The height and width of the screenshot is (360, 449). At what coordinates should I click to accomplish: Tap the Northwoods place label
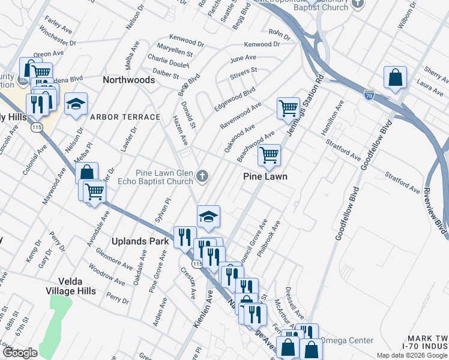point(128,79)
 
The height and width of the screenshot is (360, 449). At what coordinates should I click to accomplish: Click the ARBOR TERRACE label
point(125,117)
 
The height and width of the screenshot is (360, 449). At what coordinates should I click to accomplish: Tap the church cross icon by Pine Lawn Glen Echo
point(203,176)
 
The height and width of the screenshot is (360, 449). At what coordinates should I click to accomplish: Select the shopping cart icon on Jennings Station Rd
point(288,109)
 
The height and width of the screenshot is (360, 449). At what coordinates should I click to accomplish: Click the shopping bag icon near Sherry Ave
point(396,78)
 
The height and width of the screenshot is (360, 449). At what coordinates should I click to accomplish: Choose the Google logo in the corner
point(20,353)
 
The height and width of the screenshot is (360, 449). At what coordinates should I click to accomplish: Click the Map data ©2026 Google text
point(411,355)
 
